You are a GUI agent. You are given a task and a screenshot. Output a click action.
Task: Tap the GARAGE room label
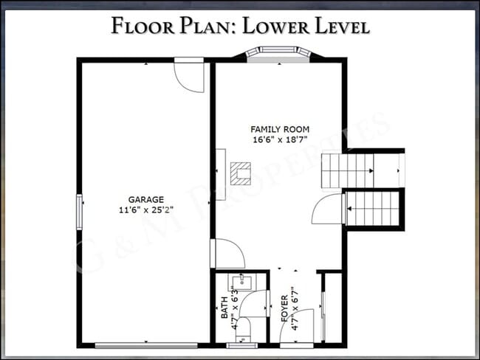146,198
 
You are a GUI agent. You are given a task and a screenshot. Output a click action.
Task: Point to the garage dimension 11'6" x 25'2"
146,209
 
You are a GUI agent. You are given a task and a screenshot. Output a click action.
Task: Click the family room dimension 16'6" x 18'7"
279,139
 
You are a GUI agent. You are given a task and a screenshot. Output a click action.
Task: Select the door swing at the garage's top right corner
189,77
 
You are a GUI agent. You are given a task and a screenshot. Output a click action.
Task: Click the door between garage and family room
228,254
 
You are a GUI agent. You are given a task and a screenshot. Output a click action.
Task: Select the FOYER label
284,308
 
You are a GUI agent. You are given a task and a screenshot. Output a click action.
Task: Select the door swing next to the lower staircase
326,210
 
